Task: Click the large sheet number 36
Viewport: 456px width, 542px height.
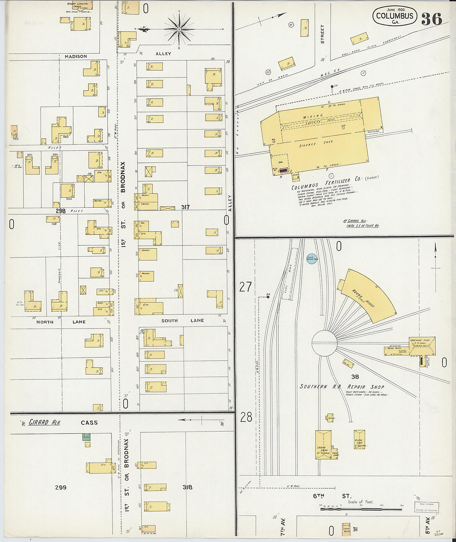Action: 432,19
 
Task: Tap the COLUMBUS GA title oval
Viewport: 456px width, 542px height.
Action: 394,16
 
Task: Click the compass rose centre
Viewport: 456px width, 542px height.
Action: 179,29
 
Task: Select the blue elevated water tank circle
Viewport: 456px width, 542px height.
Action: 312,259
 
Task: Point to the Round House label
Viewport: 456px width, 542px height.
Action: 364,298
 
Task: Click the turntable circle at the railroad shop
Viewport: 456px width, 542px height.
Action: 324,343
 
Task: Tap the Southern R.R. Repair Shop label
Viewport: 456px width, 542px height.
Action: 342,387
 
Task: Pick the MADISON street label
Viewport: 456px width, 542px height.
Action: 76,56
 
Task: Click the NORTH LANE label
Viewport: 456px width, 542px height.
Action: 61,322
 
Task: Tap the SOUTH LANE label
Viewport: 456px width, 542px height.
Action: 182,321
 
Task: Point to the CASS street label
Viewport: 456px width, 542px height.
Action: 89,423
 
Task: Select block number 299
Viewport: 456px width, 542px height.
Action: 61,488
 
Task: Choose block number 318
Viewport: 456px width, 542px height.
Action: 187,487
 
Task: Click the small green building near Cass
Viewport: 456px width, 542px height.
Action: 86,437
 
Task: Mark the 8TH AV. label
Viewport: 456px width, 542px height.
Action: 427,525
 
